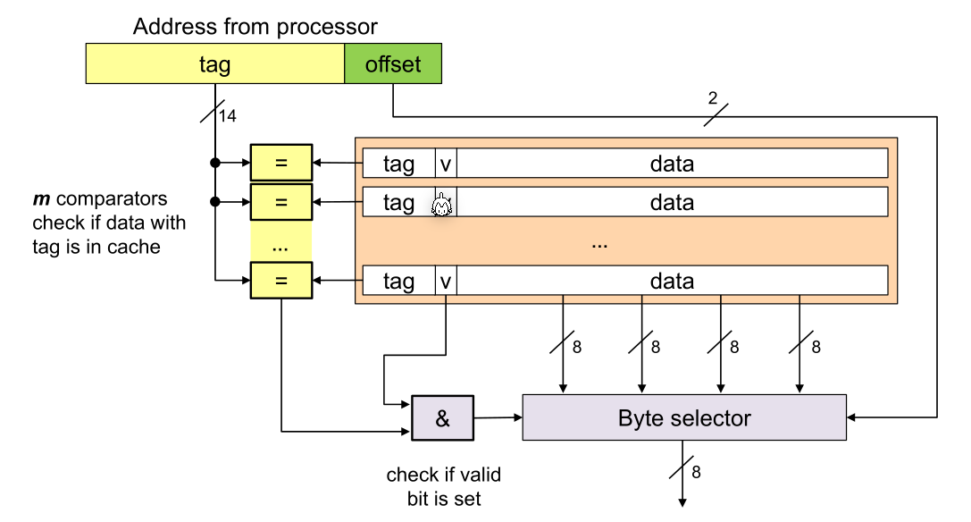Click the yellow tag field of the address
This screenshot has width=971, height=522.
pyautogui.click(x=215, y=65)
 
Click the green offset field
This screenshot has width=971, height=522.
pyautogui.click(x=393, y=65)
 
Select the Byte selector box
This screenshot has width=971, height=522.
pyautogui.click(x=684, y=418)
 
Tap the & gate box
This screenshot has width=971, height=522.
pyautogui.click(x=442, y=418)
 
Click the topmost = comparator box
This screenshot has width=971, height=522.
pyautogui.click(x=281, y=164)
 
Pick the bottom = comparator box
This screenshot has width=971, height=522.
pyautogui.click(x=281, y=281)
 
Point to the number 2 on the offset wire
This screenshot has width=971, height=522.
pyautogui.click(x=712, y=97)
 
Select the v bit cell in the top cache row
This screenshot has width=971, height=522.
pyautogui.click(x=446, y=164)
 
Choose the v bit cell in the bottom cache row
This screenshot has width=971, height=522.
pyautogui.click(x=446, y=281)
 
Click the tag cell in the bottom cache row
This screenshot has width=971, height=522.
pyautogui.click(x=398, y=281)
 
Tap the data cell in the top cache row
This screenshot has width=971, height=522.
pyautogui.click(x=672, y=164)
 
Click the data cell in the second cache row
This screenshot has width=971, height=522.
pyautogui.click(x=672, y=203)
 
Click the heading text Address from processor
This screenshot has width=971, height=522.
pyautogui.click(x=255, y=27)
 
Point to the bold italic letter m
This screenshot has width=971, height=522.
pyautogui.click(x=40, y=198)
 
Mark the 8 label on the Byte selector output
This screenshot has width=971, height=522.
pyautogui.click(x=696, y=472)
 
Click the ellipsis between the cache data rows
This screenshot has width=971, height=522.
pyautogui.click(x=599, y=242)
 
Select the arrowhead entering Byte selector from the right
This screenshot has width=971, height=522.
pyautogui.click(x=851, y=417)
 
